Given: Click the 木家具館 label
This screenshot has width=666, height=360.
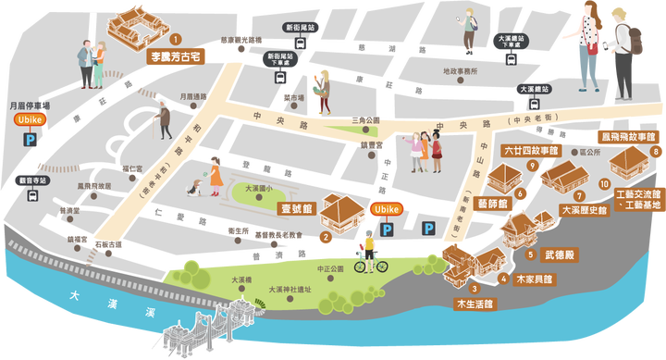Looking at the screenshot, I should click(x=533, y=278).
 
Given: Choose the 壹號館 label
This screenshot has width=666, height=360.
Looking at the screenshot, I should click(x=297, y=209).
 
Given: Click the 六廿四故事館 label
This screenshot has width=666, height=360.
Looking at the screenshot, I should click(x=531, y=148).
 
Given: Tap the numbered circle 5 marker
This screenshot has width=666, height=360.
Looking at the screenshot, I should click(x=530, y=254).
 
